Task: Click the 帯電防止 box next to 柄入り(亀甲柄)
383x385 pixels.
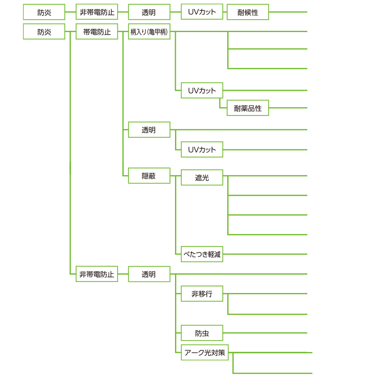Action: point(97,31)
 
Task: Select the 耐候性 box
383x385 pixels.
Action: point(248,12)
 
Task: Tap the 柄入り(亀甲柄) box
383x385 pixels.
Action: point(149,31)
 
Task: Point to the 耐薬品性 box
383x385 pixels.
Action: point(248,108)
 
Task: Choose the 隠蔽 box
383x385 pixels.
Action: point(149,175)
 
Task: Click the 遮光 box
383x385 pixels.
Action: point(202,177)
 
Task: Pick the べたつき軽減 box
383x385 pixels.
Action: point(202,254)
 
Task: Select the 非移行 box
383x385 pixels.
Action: point(202,293)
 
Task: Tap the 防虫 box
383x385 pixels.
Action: point(202,333)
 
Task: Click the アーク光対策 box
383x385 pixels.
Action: point(205,352)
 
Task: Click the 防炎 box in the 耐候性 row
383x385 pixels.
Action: point(44,12)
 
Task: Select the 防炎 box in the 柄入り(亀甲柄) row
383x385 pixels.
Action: point(44,31)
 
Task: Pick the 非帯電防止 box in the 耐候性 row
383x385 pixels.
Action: point(97,12)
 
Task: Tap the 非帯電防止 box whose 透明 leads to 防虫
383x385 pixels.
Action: point(97,274)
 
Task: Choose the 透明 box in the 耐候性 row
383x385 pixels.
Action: point(149,12)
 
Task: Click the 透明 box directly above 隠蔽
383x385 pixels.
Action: point(149,130)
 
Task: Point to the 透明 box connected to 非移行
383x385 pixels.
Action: point(149,274)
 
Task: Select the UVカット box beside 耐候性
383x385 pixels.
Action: point(202,12)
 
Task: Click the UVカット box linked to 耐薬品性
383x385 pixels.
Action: point(202,90)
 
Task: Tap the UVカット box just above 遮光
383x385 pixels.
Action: point(202,149)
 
